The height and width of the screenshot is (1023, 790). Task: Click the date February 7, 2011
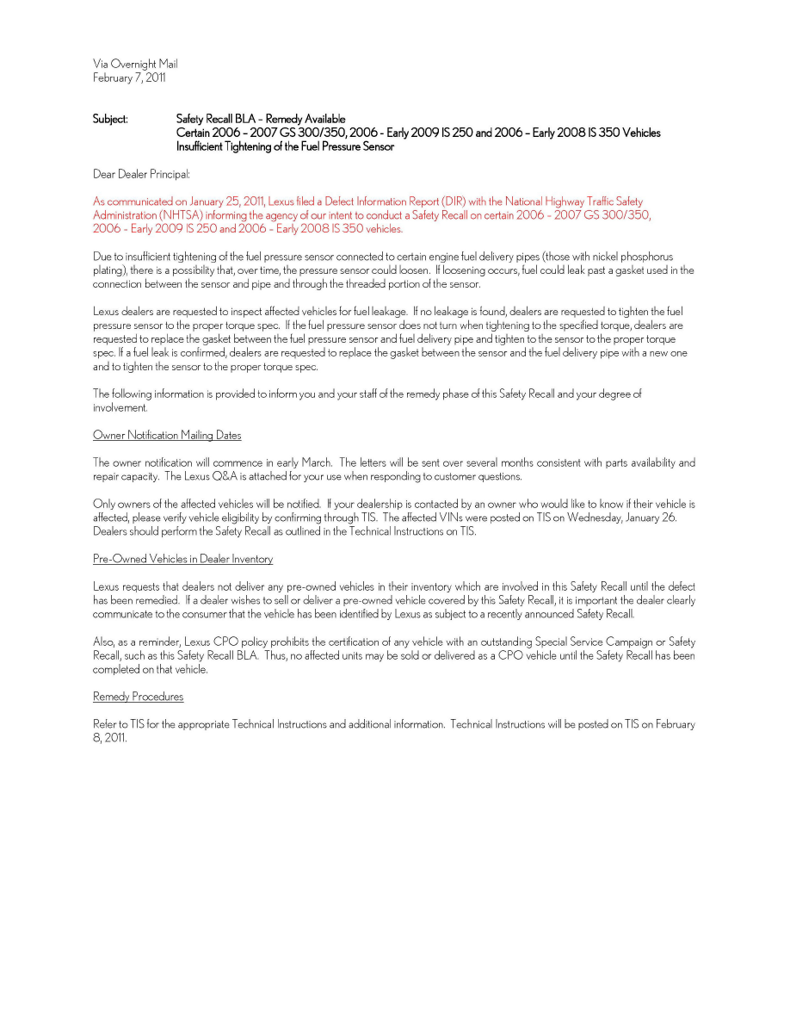pos(129,77)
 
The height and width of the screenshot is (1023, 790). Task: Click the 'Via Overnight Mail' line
pos(135,64)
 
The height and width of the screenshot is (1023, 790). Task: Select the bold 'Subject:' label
pos(110,119)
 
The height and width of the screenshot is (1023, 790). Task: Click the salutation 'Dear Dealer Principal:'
pos(141,174)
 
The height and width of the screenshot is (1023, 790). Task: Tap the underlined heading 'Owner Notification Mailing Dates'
pos(167,435)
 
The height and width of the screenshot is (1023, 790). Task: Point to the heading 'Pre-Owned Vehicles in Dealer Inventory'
pos(182,559)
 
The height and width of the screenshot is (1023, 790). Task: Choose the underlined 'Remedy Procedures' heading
pos(138,697)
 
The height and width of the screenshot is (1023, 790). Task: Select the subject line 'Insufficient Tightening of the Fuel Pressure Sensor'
pos(285,146)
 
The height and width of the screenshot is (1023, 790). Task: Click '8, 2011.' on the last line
pos(110,738)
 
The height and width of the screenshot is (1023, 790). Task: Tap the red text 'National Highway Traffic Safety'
pos(567,201)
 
